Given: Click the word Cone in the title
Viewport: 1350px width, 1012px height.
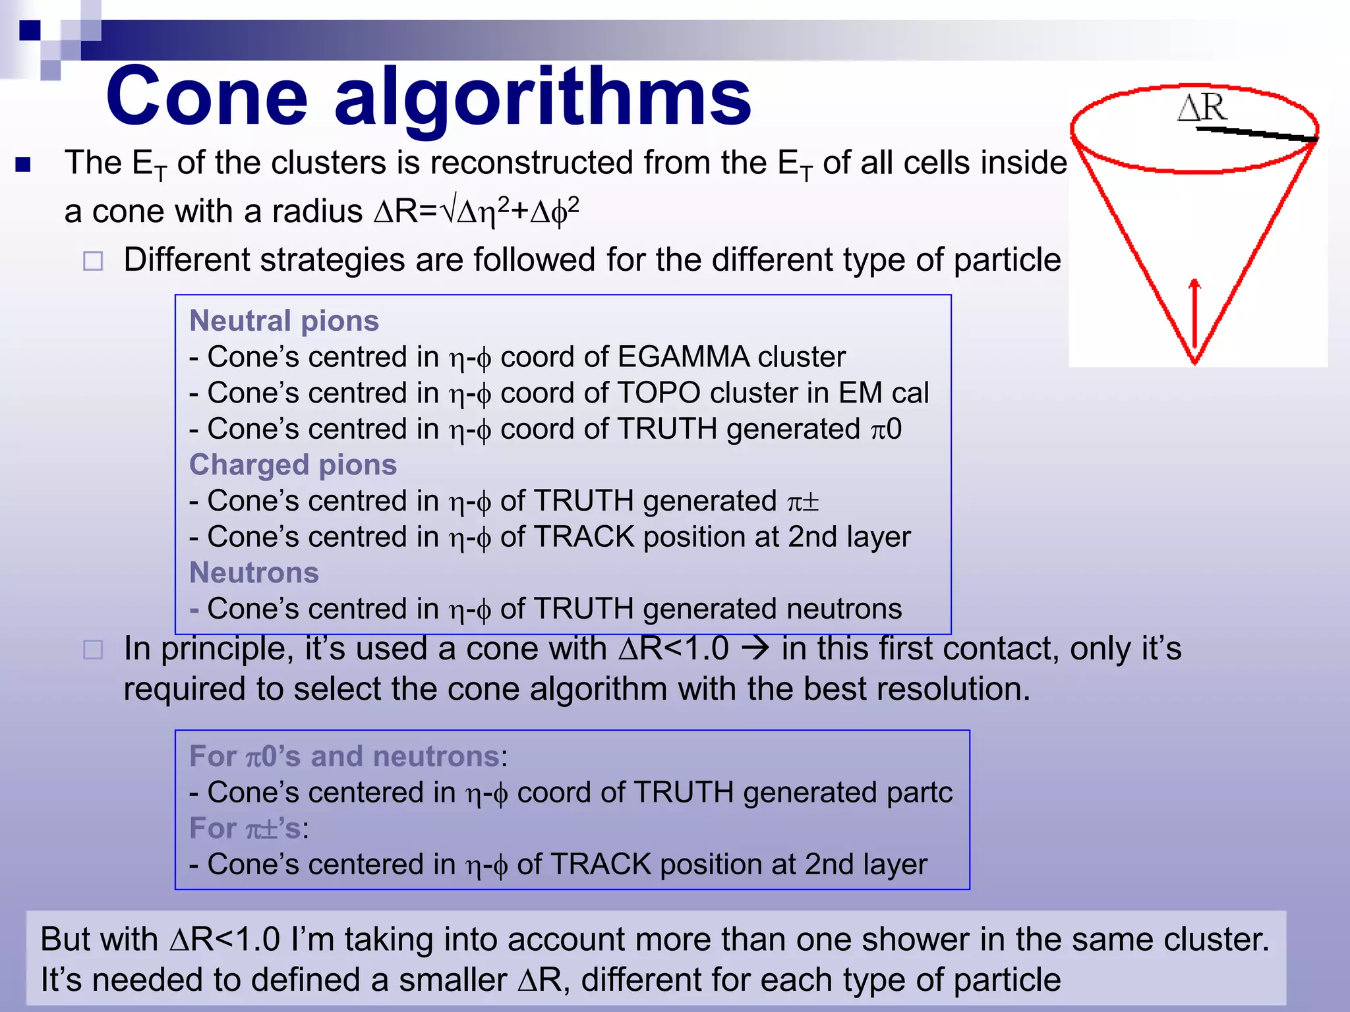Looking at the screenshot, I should (206, 97).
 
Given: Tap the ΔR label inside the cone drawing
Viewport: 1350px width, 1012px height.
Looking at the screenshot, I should (1202, 107).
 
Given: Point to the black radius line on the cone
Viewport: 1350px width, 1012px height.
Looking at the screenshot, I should (1256, 134).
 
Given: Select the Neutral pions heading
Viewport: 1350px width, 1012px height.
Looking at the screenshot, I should (284, 321).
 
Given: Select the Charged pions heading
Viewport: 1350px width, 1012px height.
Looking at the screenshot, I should (293, 464).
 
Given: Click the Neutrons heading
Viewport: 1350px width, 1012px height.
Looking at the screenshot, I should (254, 573).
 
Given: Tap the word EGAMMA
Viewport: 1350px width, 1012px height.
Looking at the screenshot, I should (683, 357).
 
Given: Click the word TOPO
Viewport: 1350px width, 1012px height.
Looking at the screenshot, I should (659, 393).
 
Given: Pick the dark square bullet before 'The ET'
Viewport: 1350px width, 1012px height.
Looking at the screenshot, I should (23, 164).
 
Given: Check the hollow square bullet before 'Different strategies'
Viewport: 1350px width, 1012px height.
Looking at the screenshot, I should (93, 262).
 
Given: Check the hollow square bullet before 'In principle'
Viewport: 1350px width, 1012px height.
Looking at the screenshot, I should (93, 650).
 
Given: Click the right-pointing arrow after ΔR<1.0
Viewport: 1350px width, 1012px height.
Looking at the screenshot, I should (755, 649).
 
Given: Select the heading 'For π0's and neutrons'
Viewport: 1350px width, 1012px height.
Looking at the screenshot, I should (344, 756).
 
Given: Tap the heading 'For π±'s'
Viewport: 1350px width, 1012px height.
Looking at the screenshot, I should (246, 828).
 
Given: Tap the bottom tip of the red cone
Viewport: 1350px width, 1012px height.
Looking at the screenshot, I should (1194, 361).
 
